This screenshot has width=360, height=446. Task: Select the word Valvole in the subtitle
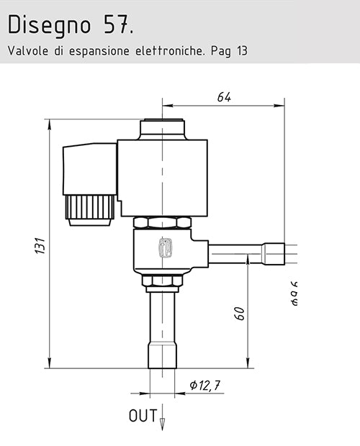27,52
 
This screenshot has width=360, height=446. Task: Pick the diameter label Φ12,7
204,386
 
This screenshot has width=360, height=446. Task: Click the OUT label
141,416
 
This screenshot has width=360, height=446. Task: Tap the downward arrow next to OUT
163,421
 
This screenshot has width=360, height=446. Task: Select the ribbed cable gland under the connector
89,209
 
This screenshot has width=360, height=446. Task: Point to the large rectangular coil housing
163,176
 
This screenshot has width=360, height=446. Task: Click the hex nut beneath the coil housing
163,222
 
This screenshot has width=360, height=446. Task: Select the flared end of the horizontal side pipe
274,254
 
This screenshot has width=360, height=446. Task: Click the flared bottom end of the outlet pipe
163,356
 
